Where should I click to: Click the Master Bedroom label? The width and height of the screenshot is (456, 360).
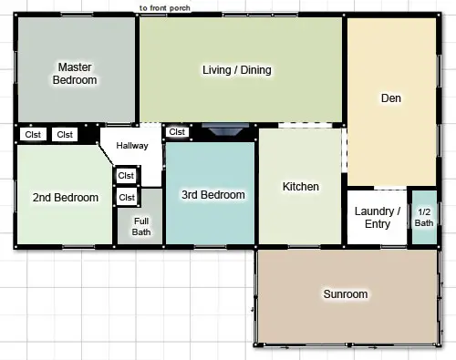(x=75, y=74)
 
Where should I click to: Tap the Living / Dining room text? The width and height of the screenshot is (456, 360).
(x=237, y=70)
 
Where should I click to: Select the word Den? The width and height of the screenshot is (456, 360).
(x=391, y=98)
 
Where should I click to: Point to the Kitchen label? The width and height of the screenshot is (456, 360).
(x=301, y=187)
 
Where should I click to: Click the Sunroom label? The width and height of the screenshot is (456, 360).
(x=346, y=294)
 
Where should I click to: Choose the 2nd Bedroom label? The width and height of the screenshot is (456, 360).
(x=66, y=198)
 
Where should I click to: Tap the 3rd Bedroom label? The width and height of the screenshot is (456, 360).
(x=213, y=195)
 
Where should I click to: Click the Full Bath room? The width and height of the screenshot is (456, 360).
(x=140, y=216)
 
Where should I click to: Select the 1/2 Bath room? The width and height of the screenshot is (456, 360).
(x=424, y=217)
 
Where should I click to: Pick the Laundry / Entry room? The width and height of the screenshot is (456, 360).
(x=377, y=217)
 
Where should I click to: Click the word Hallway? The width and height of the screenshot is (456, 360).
(x=132, y=146)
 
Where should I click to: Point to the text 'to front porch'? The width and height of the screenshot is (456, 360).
(x=165, y=8)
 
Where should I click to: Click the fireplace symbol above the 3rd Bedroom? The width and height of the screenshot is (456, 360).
(x=225, y=129)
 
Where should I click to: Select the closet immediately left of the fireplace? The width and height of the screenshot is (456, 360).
(x=177, y=132)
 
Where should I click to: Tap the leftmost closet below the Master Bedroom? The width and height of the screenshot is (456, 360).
(x=33, y=134)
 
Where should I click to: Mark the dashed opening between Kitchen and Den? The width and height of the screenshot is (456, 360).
(x=344, y=150)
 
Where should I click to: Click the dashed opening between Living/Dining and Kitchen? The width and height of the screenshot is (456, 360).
(x=306, y=125)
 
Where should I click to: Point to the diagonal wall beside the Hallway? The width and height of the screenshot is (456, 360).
(x=106, y=154)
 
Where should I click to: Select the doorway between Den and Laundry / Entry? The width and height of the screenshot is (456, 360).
(x=390, y=189)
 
